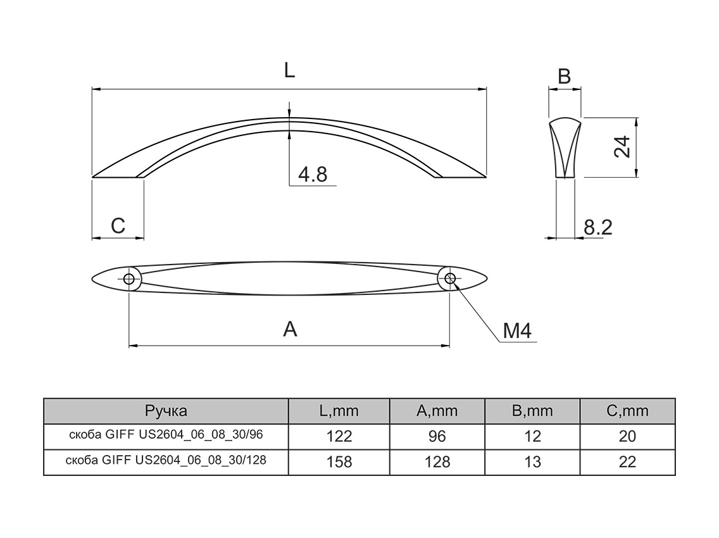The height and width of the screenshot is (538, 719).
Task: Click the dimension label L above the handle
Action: click(x=289, y=71)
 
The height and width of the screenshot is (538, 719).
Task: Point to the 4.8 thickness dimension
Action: click(x=313, y=174)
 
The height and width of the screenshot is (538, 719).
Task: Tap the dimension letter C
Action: click(x=118, y=226)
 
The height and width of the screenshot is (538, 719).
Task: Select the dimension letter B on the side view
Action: click(x=565, y=77)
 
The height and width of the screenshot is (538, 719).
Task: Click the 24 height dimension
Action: click(x=622, y=147)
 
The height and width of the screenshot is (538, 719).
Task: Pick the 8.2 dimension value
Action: click(x=598, y=227)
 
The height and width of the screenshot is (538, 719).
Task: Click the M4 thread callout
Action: click(x=517, y=330)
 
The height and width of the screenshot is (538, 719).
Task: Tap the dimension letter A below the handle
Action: click(x=290, y=329)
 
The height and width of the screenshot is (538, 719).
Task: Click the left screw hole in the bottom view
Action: click(x=129, y=279)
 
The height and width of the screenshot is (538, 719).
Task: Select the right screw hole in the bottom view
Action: click(x=450, y=278)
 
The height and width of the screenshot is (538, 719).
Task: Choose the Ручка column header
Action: click(x=166, y=411)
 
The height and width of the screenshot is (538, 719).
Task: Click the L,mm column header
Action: click(x=339, y=411)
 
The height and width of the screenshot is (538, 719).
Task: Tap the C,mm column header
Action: click(x=627, y=411)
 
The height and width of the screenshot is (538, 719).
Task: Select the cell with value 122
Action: click(x=339, y=436)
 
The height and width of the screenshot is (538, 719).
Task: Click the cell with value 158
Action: click(x=339, y=462)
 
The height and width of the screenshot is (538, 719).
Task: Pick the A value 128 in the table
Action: click(x=437, y=462)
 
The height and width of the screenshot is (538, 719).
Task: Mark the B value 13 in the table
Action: click(x=532, y=462)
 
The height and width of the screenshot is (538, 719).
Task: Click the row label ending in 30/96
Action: click(x=166, y=434)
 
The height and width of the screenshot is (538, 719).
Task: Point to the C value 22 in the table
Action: click(x=627, y=462)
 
